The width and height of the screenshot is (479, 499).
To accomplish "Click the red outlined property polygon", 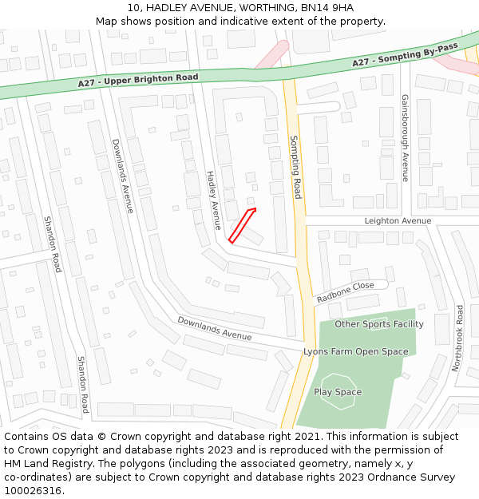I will [242, 224].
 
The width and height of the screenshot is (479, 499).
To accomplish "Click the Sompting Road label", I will [295, 167].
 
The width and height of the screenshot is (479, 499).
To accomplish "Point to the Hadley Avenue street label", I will [213, 200].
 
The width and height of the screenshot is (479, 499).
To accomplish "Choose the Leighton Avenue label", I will [398, 221].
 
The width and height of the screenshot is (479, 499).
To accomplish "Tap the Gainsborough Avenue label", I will [405, 137].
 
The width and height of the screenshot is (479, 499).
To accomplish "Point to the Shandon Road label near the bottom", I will [82, 384].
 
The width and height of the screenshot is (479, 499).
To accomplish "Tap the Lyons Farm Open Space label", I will [355, 351].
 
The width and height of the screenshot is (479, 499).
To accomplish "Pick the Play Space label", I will [338, 392].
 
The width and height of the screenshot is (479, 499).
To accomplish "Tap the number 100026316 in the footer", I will [33, 490].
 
